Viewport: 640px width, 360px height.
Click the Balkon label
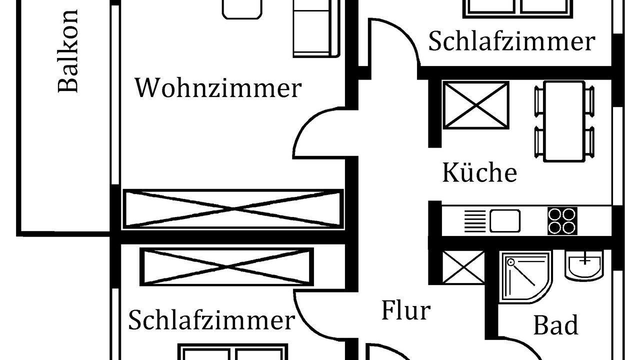tap(68, 51)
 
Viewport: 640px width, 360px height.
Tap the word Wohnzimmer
tap(218, 88)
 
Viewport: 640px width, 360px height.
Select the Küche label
tap(479, 173)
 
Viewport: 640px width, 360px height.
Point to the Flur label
tap(405, 310)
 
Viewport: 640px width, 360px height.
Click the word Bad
tap(555, 325)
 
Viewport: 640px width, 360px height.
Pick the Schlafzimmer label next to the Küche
tap(511, 41)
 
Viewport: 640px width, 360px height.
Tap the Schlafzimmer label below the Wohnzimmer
tap(211, 320)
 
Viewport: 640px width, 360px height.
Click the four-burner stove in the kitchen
tap(562, 220)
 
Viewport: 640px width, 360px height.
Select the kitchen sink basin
tap(504, 220)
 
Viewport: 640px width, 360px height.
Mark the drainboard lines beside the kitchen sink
tap(475, 220)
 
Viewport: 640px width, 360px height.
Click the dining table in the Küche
tap(564, 121)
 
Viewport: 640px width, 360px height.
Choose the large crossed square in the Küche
tap(475, 105)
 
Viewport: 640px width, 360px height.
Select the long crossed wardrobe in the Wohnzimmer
tap(233, 208)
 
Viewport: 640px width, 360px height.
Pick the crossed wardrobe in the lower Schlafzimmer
tap(226, 267)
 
